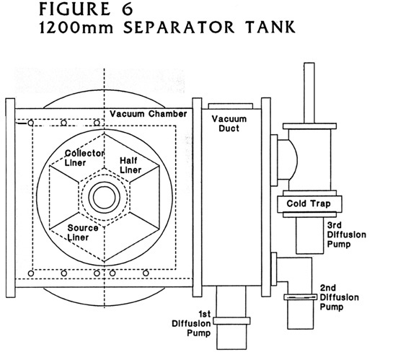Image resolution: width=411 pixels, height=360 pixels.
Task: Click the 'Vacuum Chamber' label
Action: [x=148, y=114]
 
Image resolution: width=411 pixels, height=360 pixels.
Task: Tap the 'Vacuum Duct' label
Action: [x=229, y=123]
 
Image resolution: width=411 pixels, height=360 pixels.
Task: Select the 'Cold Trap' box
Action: [x=309, y=203]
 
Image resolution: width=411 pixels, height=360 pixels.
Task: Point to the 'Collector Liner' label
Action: [x=84, y=158]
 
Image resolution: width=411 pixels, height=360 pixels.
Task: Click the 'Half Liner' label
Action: [x=131, y=165]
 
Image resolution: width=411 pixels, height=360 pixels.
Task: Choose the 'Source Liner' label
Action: [x=83, y=232]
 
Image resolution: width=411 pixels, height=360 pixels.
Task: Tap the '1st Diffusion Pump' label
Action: [x=191, y=323]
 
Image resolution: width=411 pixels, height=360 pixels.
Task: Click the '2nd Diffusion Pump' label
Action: [x=339, y=297]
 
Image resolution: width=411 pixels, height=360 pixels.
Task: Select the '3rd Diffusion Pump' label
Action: [x=347, y=234]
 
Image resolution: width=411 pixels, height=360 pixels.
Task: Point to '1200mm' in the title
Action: [x=76, y=27]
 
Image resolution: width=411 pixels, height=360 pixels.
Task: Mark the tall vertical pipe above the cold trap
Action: [x=309, y=93]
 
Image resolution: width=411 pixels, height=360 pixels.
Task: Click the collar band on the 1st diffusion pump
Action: [x=231, y=320]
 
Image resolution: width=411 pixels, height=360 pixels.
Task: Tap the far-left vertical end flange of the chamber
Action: [x=11, y=198]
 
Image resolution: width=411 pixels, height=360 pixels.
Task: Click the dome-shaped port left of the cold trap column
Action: [x=288, y=159]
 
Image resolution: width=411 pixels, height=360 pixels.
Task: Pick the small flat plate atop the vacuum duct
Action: [x=231, y=106]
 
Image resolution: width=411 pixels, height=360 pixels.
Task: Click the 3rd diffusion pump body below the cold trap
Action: [x=309, y=235]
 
